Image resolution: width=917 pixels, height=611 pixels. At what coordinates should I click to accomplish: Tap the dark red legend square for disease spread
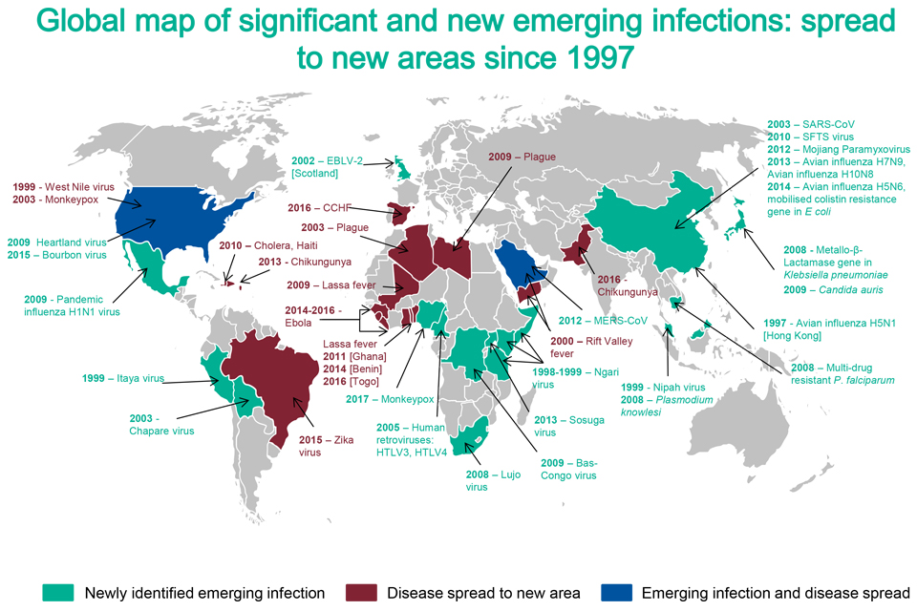pyautogui.click(x=360, y=593)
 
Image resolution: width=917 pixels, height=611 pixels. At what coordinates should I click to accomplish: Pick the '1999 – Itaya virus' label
pyautogui.click(x=123, y=379)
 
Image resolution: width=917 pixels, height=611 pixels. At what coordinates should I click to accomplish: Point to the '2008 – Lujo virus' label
pyautogui.click(x=492, y=480)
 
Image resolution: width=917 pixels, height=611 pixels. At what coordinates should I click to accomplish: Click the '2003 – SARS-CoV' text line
pyautogui.click(x=811, y=124)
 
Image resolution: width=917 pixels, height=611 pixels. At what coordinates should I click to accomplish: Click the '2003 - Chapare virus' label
pyautogui.click(x=161, y=424)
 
